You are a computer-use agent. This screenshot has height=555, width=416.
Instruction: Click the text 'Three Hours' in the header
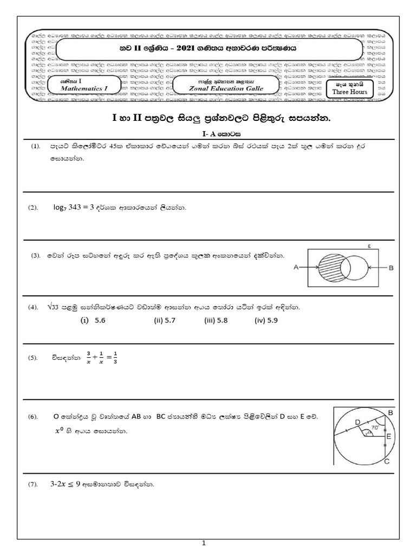coord(349,92)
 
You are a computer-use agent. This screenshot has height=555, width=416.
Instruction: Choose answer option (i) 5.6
coord(93,320)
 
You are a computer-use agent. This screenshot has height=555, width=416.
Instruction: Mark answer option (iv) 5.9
coord(266,320)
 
